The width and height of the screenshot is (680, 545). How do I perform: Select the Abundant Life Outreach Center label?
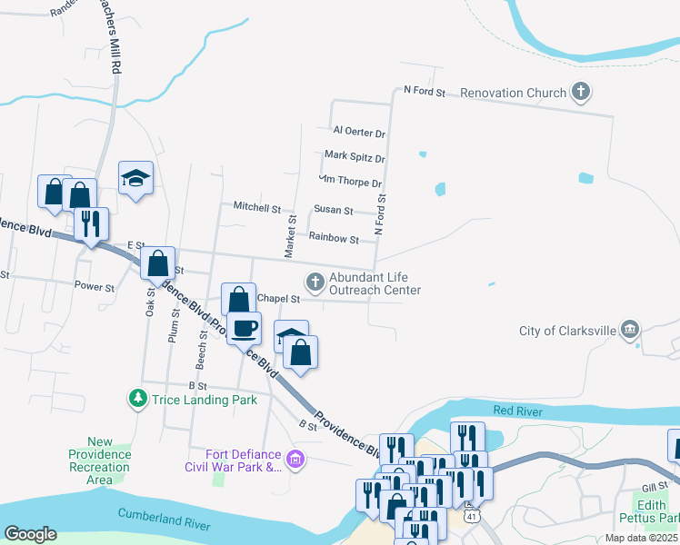(x=375, y=283)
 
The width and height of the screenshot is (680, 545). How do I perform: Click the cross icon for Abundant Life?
(x=315, y=283)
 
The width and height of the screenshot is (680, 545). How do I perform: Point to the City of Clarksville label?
(x=565, y=330)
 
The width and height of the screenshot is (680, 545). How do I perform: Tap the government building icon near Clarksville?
(x=630, y=329)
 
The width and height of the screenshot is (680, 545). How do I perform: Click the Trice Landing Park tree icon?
(x=137, y=398)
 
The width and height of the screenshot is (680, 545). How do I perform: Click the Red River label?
(x=517, y=411)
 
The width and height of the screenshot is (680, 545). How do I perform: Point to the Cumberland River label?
(x=164, y=520)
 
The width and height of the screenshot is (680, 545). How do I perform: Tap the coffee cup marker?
(x=244, y=328)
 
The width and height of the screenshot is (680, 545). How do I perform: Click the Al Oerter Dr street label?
(x=359, y=133)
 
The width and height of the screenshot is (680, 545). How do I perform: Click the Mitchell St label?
(x=256, y=207)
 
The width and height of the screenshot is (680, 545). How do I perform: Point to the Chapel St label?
(x=278, y=298)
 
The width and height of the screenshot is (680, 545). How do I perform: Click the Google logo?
(x=30, y=534)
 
